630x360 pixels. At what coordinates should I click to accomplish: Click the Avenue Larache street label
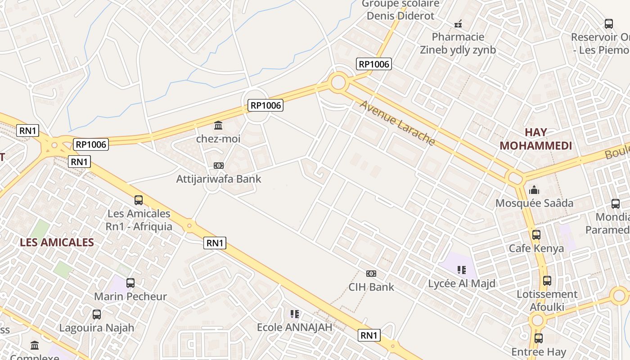tap(397, 123)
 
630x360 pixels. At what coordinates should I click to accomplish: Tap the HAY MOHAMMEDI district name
tap(535, 139)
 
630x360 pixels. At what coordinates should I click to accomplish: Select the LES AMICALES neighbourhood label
tap(57, 242)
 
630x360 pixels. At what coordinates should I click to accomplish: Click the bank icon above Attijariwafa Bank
tap(218, 166)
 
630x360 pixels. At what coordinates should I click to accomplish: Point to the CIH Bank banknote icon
tap(371, 274)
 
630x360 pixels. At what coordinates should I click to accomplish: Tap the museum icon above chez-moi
tap(218, 125)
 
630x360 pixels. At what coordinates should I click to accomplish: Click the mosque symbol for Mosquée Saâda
tap(534, 190)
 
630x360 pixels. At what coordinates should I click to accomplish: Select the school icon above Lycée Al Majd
tap(461, 270)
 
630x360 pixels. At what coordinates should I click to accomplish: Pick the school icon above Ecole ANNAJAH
tap(295, 314)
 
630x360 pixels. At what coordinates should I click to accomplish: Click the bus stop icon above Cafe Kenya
tap(536, 235)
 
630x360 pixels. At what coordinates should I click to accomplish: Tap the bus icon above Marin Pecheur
tap(130, 283)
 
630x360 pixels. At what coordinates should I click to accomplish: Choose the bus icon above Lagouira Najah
tap(97, 315)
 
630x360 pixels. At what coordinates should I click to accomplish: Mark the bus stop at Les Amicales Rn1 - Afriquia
tap(139, 200)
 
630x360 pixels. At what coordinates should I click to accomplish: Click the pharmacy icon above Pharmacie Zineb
tap(458, 23)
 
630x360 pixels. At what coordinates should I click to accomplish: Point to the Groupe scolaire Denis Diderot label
tap(400, 10)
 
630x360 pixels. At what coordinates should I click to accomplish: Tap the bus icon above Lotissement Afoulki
tap(547, 281)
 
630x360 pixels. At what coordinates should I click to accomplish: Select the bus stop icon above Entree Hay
tap(538, 338)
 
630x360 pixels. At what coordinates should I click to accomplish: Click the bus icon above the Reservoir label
tap(609, 24)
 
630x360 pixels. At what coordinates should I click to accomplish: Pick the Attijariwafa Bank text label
tap(218, 179)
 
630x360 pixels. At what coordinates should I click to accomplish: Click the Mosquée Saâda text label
tap(534, 203)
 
